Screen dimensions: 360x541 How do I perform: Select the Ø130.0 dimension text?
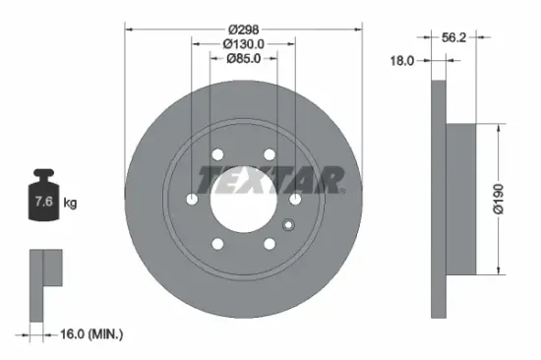[244, 43]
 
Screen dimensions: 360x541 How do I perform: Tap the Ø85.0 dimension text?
[244, 57]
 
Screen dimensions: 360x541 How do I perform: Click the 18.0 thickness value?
[402, 60]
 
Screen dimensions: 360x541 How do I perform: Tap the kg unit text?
[70, 204]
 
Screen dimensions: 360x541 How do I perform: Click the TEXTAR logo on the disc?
[270, 179]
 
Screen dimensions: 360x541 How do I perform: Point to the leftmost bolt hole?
[192, 200]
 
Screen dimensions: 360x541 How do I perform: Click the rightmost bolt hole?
[295, 200]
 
